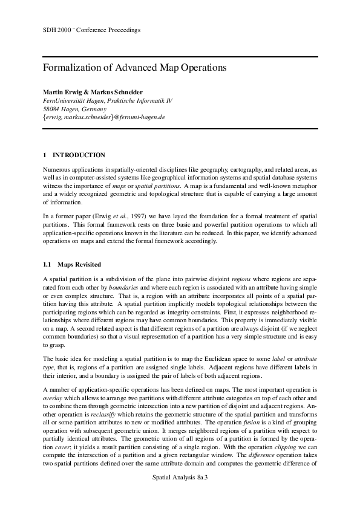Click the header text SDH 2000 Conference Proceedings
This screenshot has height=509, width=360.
[92, 29]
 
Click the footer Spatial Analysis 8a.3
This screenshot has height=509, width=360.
[180, 477]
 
